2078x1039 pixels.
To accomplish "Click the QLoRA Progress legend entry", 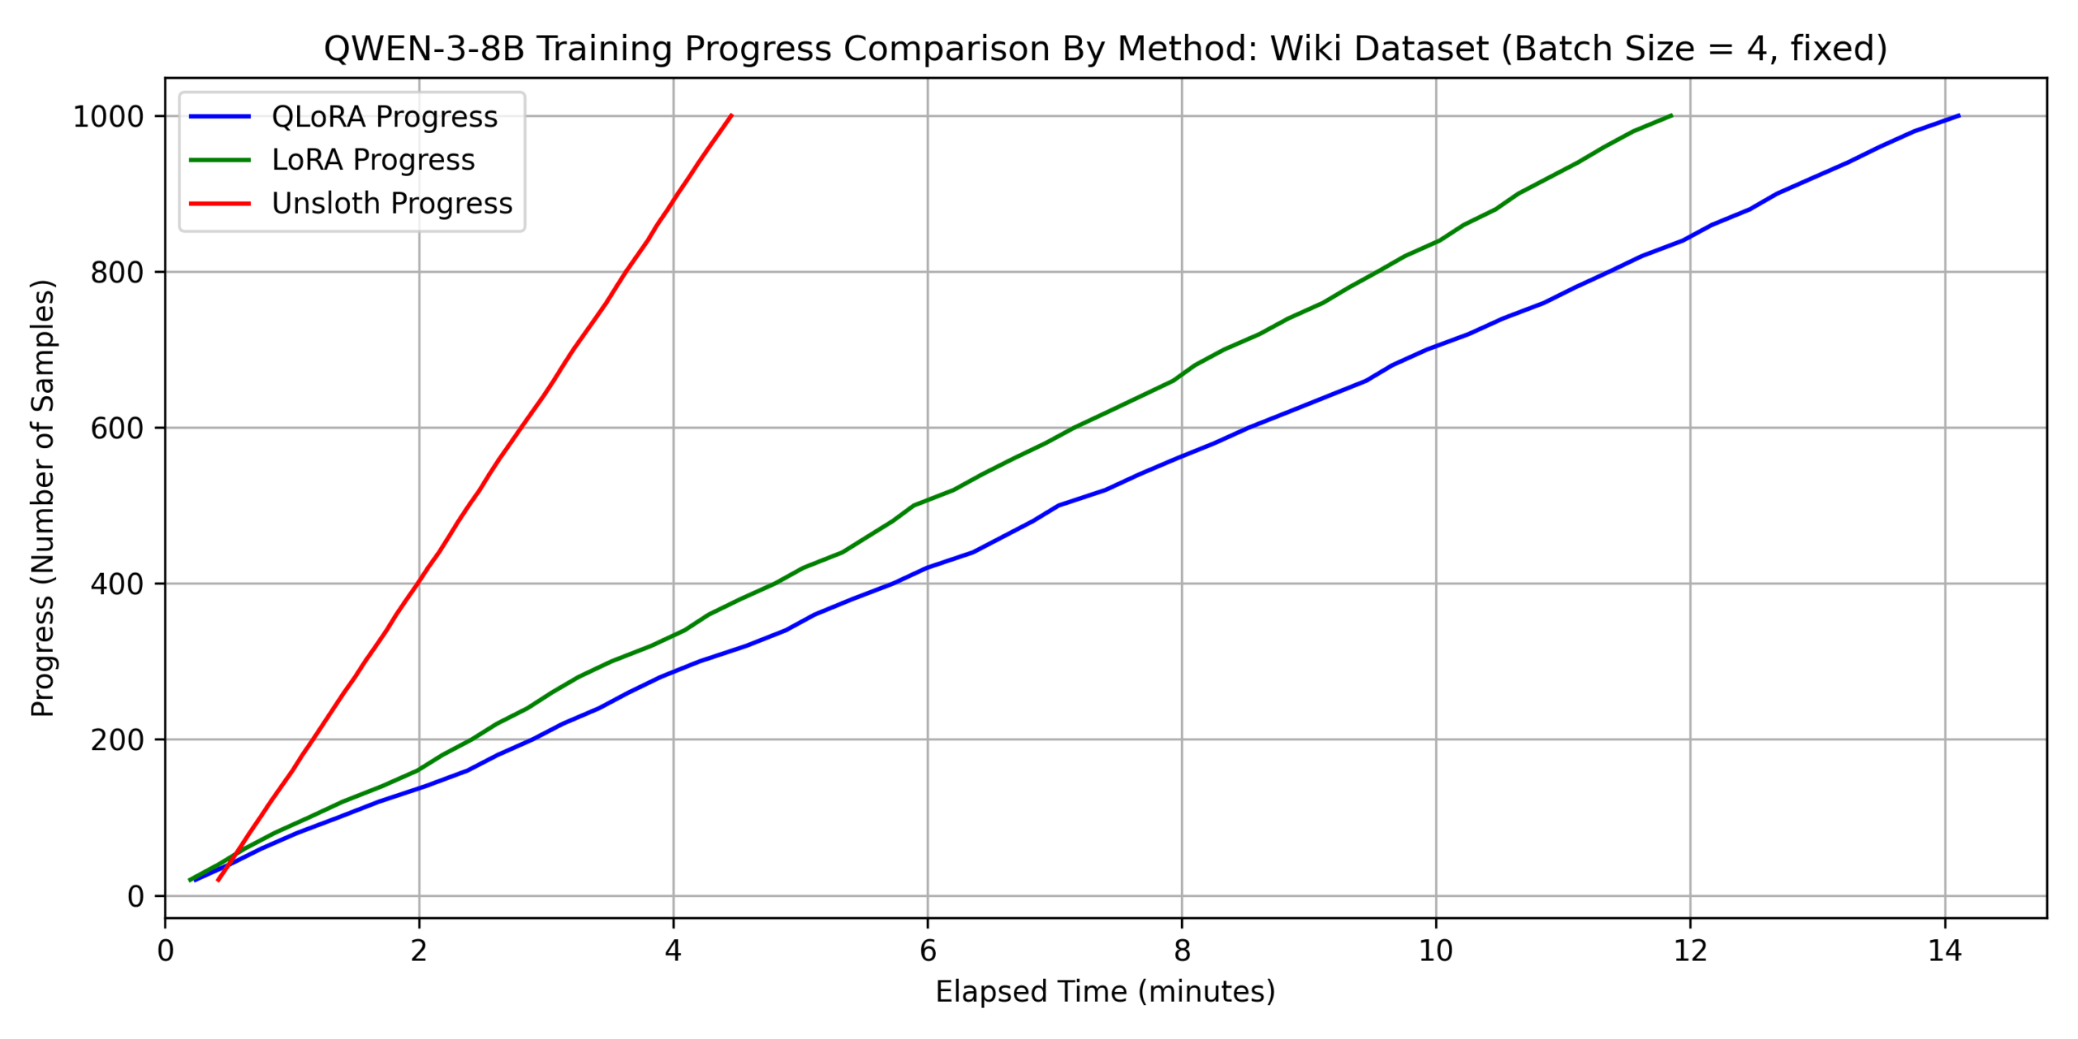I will click(x=384, y=117).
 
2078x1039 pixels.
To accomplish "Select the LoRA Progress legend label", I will click(x=373, y=160).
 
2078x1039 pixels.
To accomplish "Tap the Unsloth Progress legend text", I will click(x=392, y=203).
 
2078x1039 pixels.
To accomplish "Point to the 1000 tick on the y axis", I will click(x=109, y=117).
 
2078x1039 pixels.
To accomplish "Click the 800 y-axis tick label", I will click(x=117, y=273).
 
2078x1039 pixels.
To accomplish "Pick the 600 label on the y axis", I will click(x=117, y=429).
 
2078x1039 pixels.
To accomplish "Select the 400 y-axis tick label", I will click(x=117, y=584).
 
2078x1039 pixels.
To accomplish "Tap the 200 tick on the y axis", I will click(x=117, y=740).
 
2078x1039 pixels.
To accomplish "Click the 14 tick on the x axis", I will click(x=1944, y=951).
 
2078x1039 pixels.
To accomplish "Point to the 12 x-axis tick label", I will click(x=1690, y=951).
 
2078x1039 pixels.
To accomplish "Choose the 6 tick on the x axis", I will click(x=928, y=951).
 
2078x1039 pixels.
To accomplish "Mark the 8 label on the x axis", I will click(x=1182, y=951).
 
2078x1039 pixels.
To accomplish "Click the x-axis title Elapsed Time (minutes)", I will click(x=1105, y=992).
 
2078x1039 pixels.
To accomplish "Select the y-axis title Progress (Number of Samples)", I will click(x=42, y=498).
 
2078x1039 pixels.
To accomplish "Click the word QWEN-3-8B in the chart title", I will click(x=424, y=49).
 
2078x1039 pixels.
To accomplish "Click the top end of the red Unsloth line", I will click(x=731, y=115).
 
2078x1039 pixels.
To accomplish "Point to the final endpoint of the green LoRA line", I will click(x=1671, y=115).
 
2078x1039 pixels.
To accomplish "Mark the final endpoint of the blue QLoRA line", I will click(x=1959, y=115).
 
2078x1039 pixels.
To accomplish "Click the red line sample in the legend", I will click(x=220, y=203).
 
